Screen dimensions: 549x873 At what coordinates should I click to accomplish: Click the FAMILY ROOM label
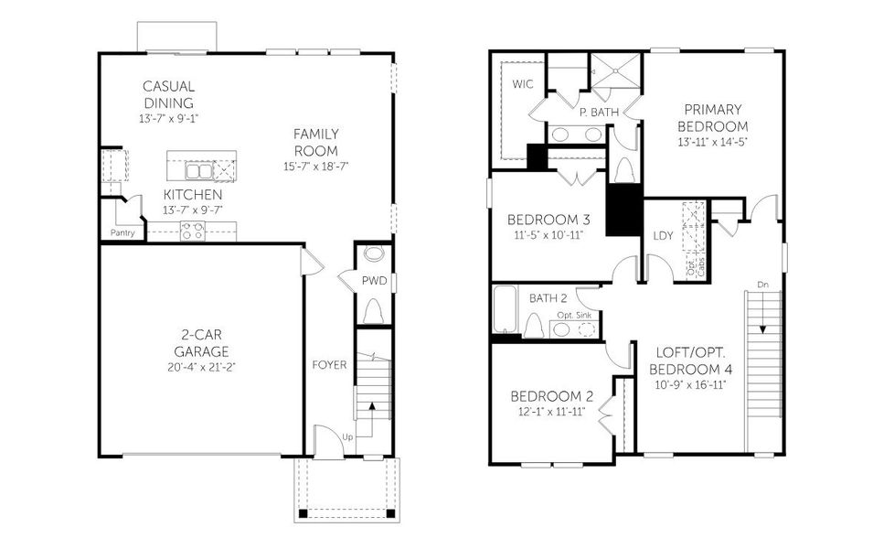pos(315,143)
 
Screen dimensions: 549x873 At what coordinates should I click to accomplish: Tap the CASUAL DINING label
pos(168,94)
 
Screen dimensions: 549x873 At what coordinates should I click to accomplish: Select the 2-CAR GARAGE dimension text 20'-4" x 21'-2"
pos(202,367)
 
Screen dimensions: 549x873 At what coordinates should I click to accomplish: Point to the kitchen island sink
pos(199,171)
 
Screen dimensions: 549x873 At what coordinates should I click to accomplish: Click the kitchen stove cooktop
pos(192,231)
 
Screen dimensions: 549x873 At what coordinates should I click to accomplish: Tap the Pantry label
pos(123,232)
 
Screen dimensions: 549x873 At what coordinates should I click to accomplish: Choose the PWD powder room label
pos(374,281)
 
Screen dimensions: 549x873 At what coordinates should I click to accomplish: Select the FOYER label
pos(329,365)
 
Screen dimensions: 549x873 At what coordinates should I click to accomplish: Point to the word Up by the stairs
pos(347,437)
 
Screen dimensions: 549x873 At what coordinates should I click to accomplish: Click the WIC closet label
pos(522,84)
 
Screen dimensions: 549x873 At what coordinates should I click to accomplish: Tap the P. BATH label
pos(600,112)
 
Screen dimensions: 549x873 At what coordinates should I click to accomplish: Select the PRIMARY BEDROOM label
pos(713,118)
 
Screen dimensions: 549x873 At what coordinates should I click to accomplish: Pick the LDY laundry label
pos(664,236)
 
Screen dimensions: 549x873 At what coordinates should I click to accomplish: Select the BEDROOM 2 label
pos(551,396)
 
